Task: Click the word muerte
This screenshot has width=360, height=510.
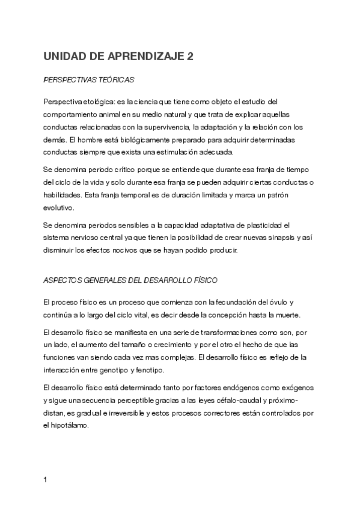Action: point(294,315)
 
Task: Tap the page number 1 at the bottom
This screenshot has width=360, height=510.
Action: point(46,480)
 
